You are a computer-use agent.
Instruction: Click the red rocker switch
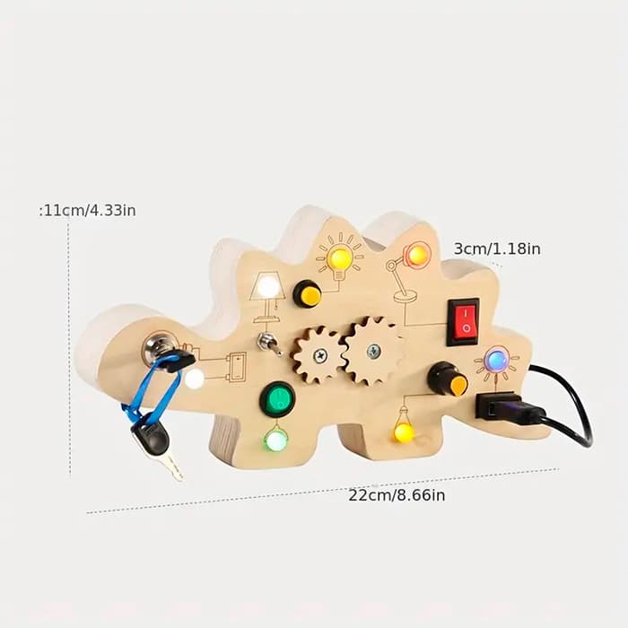[x=464, y=320]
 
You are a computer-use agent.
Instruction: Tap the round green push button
[x=277, y=399]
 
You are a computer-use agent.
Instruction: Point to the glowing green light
[x=276, y=440]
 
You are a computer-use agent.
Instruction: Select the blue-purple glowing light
[x=496, y=361]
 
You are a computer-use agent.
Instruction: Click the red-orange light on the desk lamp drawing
[x=417, y=255]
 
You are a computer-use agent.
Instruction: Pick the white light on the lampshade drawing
[x=267, y=287]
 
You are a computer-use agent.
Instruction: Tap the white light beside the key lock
[x=195, y=379]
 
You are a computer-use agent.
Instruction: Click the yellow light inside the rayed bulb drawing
[x=340, y=259]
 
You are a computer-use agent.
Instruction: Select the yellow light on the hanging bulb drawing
[x=405, y=432]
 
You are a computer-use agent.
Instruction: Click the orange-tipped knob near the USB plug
[x=449, y=380]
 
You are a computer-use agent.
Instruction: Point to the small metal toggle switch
[x=266, y=343]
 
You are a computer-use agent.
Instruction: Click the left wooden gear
[x=318, y=353]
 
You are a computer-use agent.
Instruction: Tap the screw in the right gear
[x=374, y=350]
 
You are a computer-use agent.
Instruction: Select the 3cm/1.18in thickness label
[x=496, y=249]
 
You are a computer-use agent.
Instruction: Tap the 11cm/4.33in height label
[x=88, y=210]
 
